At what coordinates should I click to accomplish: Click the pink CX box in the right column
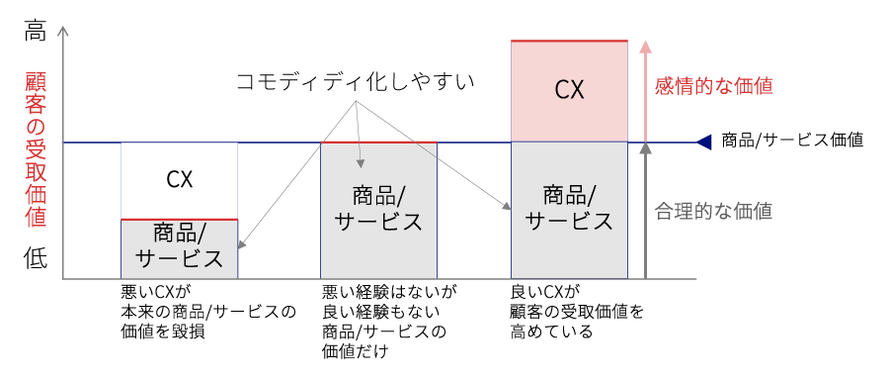coord(569,91)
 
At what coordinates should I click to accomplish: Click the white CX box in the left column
coord(179,180)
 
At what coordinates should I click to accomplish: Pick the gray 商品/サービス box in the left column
coord(179,247)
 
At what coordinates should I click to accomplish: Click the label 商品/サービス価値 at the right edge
coord(793,141)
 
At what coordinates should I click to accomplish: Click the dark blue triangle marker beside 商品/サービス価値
coord(703,142)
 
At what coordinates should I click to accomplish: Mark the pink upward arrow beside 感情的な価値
coord(645,89)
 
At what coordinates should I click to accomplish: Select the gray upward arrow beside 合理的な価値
coord(645,208)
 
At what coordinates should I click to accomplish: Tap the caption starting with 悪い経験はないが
coord(389,322)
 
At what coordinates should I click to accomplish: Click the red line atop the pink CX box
coord(569,41)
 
